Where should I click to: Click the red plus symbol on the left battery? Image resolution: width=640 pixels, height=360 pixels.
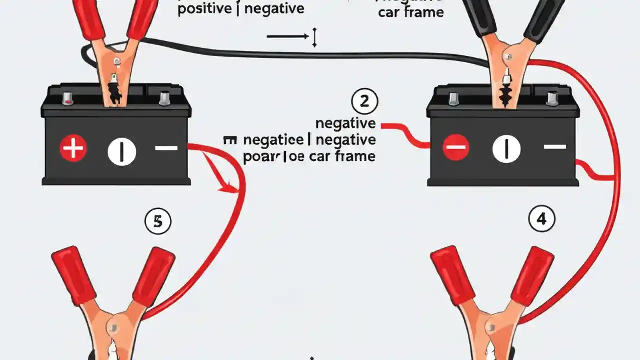(73, 149)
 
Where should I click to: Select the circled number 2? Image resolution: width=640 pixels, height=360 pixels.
(364, 102)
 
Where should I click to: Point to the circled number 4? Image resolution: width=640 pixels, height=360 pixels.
(541, 219)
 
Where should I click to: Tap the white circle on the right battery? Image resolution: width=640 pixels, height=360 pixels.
(506, 149)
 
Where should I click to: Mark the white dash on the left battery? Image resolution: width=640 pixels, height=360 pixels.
(166, 148)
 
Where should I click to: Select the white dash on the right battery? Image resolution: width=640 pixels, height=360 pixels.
(555, 147)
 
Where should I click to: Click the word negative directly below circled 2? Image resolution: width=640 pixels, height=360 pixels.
(346, 123)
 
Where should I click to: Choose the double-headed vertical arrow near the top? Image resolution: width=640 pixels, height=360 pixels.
(314, 38)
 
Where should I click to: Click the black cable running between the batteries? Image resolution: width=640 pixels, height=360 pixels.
(300, 53)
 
